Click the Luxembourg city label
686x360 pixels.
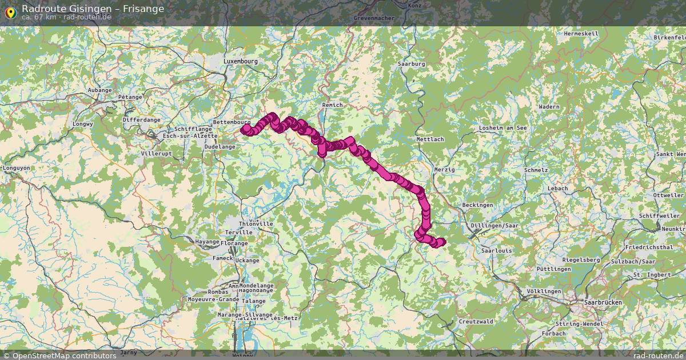click(x=241, y=61)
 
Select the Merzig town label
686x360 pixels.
click(x=444, y=170)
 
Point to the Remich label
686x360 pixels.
click(x=332, y=105)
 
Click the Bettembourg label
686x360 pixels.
click(x=232, y=122)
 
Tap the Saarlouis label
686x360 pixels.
click(x=496, y=250)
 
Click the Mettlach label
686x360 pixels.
click(x=430, y=139)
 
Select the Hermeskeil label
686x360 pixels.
click(x=581, y=34)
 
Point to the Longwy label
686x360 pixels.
click(x=82, y=123)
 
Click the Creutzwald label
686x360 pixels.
click(x=476, y=322)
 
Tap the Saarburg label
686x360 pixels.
click(x=412, y=64)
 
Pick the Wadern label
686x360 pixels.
click(x=549, y=107)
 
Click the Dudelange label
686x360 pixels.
click(x=220, y=147)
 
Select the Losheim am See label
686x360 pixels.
click(x=503, y=128)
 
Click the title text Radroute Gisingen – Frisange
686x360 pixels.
click(x=93, y=9)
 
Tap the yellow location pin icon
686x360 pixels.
click(x=10, y=11)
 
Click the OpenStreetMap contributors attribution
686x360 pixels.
click(x=59, y=355)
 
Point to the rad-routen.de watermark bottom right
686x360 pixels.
click(x=658, y=355)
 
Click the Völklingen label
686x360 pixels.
click(x=544, y=291)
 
